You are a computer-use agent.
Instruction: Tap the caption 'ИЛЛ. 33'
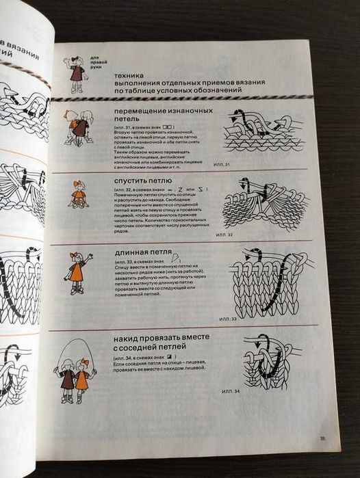[x=229, y=319]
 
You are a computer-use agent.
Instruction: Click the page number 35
[x=322, y=440]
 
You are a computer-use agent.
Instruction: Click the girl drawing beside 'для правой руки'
[x=76, y=73]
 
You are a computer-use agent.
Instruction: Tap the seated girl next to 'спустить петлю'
[x=79, y=194]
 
